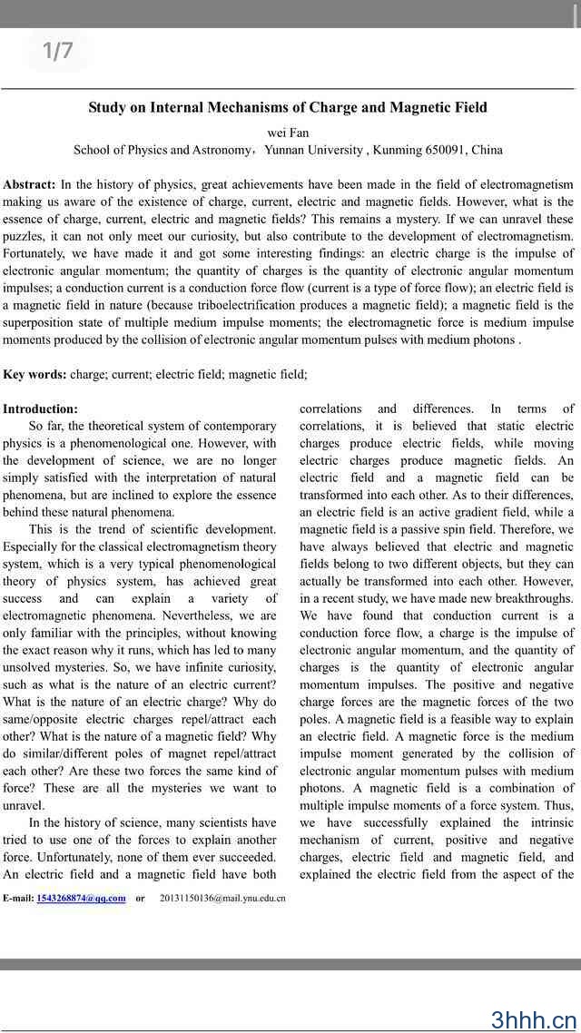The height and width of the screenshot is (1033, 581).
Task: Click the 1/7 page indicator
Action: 58,52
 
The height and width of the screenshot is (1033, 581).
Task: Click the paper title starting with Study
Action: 288,107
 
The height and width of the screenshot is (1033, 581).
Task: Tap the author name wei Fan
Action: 288,133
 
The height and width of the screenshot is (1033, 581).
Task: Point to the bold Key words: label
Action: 34,374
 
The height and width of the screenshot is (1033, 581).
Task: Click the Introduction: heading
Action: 40,409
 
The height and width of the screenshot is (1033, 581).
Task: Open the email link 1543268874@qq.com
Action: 81,899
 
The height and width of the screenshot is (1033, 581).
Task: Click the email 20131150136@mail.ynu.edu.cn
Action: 222,899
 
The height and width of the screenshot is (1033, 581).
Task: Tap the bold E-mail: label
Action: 18,899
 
